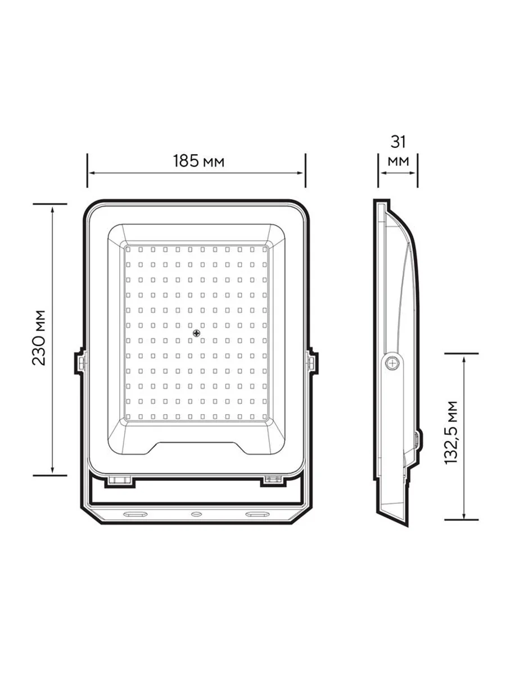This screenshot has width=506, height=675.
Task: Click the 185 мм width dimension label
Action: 198,161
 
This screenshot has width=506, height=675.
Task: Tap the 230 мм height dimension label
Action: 39,337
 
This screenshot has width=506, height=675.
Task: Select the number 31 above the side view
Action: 398,142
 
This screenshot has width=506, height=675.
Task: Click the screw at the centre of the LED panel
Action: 196,333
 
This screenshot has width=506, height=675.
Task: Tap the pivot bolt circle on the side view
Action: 393,363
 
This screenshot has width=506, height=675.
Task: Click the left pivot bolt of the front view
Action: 80,363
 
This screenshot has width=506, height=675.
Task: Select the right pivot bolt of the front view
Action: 312,363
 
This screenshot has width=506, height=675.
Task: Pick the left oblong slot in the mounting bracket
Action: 134,514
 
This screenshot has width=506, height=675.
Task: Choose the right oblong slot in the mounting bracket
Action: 257,514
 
